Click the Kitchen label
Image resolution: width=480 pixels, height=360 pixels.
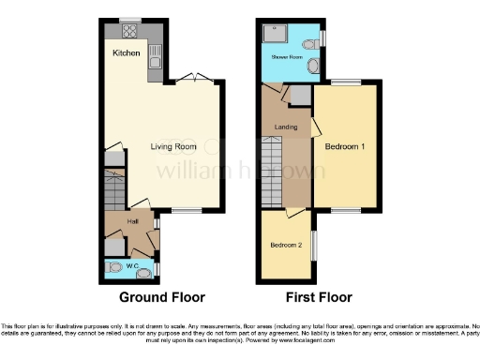(127, 53)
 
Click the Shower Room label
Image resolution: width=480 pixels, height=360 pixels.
(287, 58)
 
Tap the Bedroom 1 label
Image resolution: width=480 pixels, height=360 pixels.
(345, 147)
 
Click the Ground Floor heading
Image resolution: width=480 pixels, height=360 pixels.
(162, 298)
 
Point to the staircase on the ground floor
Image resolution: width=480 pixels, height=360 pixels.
(113, 192)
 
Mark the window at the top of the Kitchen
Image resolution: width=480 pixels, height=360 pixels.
(129, 19)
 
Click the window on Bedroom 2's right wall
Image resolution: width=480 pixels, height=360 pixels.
(313, 247)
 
